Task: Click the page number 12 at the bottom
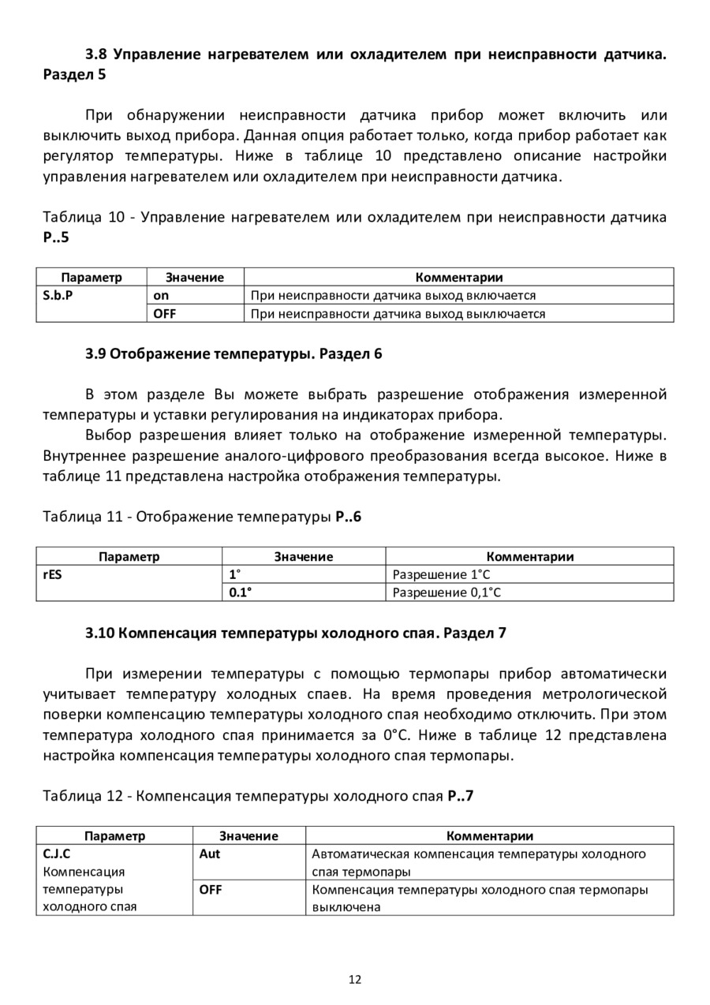tap(354, 980)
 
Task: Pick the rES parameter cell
tap(52, 575)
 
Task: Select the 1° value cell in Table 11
tap(234, 575)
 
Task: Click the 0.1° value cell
tap(240, 592)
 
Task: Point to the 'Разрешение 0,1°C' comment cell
tap(447, 592)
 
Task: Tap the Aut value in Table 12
tap(210, 854)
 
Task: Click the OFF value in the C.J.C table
tap(211, 889)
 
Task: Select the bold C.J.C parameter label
tap(56, 854)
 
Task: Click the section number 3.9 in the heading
tap(95, 353)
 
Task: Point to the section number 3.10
tap(99, 633)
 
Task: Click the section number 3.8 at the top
tap(95, 54)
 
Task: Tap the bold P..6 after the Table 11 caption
tap(348, 517)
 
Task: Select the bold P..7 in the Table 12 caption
tap(460, 796)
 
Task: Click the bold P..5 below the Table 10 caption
tap(56, 237)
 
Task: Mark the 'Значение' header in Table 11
tap(304, 557)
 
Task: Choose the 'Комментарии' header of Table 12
tap(490, 836)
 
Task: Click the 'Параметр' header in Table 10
tap(92, 278)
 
